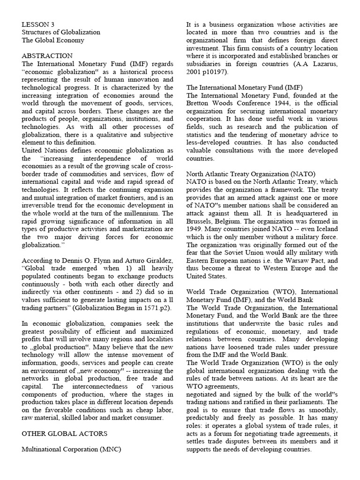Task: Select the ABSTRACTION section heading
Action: click(x=47, y=56)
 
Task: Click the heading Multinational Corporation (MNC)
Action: click(x=71, y=449)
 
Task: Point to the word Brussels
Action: click(x=199, y=221)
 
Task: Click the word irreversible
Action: click(x=40, y=205)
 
